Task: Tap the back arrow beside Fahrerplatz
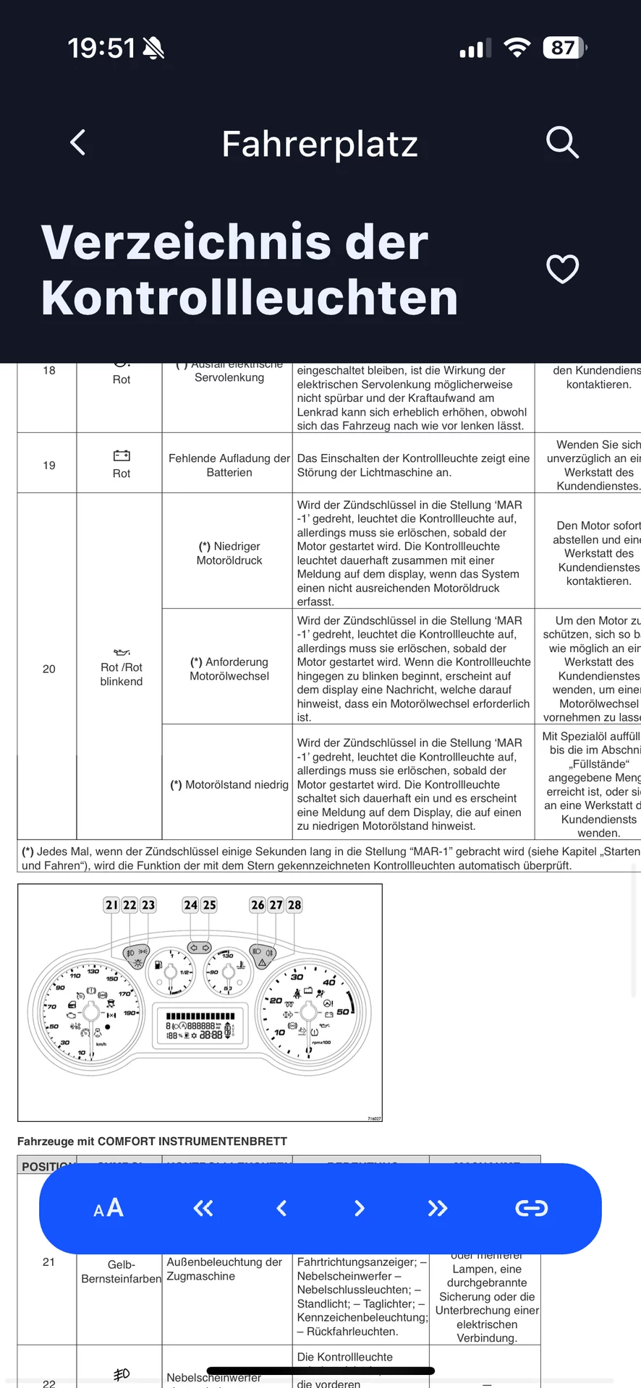[x=78, y=142]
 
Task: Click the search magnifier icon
[x=562, y=142]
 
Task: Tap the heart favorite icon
[x=562, y=270]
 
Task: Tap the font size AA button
[x=109, y=1208]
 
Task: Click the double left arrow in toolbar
[x=203, y=1208]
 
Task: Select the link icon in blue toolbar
[x=531, y=1208]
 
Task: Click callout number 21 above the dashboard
[x=111, y=905]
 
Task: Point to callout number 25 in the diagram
[x=209, y=905]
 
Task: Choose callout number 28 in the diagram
[x=294, y=905]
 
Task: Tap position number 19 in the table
[x=48, y=465]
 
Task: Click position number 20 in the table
[x=48, y=669]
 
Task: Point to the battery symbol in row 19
[x=122, y=455]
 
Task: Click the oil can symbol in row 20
[x=122, y=652]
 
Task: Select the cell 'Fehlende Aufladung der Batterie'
[x=229, y=465]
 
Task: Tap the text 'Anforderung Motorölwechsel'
[x=229, y=669]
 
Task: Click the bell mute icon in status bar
[x=153, y=48]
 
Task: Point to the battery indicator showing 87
[x=564, y=48]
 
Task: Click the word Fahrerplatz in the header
[x=320, y=144]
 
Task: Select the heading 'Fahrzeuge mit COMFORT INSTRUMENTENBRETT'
[x=152, y=1141]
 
